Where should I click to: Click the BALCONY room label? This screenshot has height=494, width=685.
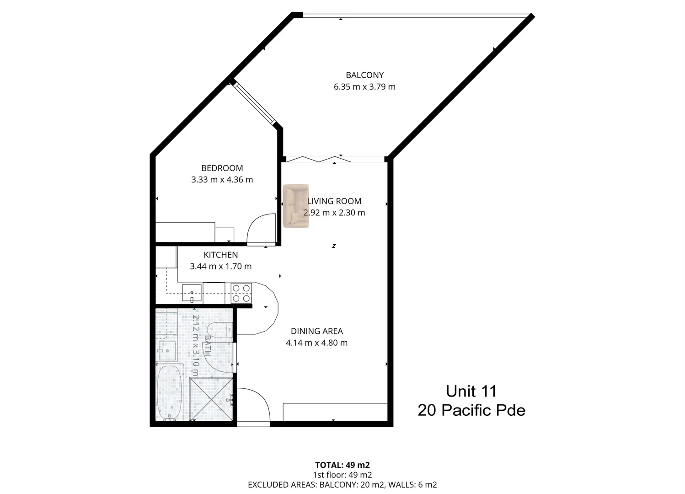(364, 75)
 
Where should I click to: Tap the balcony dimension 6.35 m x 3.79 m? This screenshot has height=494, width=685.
(364, 87)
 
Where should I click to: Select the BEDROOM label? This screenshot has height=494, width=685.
(222, 168)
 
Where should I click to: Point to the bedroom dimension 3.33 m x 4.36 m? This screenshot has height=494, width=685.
(222, 180)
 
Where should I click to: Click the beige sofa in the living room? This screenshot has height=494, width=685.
(296, 206)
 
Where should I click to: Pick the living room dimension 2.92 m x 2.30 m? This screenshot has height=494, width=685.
(334, 213)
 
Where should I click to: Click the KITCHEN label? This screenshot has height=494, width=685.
(220, 255)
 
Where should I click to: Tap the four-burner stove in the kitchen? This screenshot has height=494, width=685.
(241, 293)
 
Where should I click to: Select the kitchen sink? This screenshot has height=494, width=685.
(192, 292)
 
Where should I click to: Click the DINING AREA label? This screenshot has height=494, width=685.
(316, 331)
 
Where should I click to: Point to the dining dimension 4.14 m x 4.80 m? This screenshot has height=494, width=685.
(316, 343)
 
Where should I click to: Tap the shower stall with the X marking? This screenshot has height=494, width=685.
(211, 399)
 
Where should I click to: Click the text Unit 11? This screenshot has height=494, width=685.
(471, 392)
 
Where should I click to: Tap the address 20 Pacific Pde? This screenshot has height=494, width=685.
(471, 411)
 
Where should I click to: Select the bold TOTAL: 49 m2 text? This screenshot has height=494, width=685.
(342, 465)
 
